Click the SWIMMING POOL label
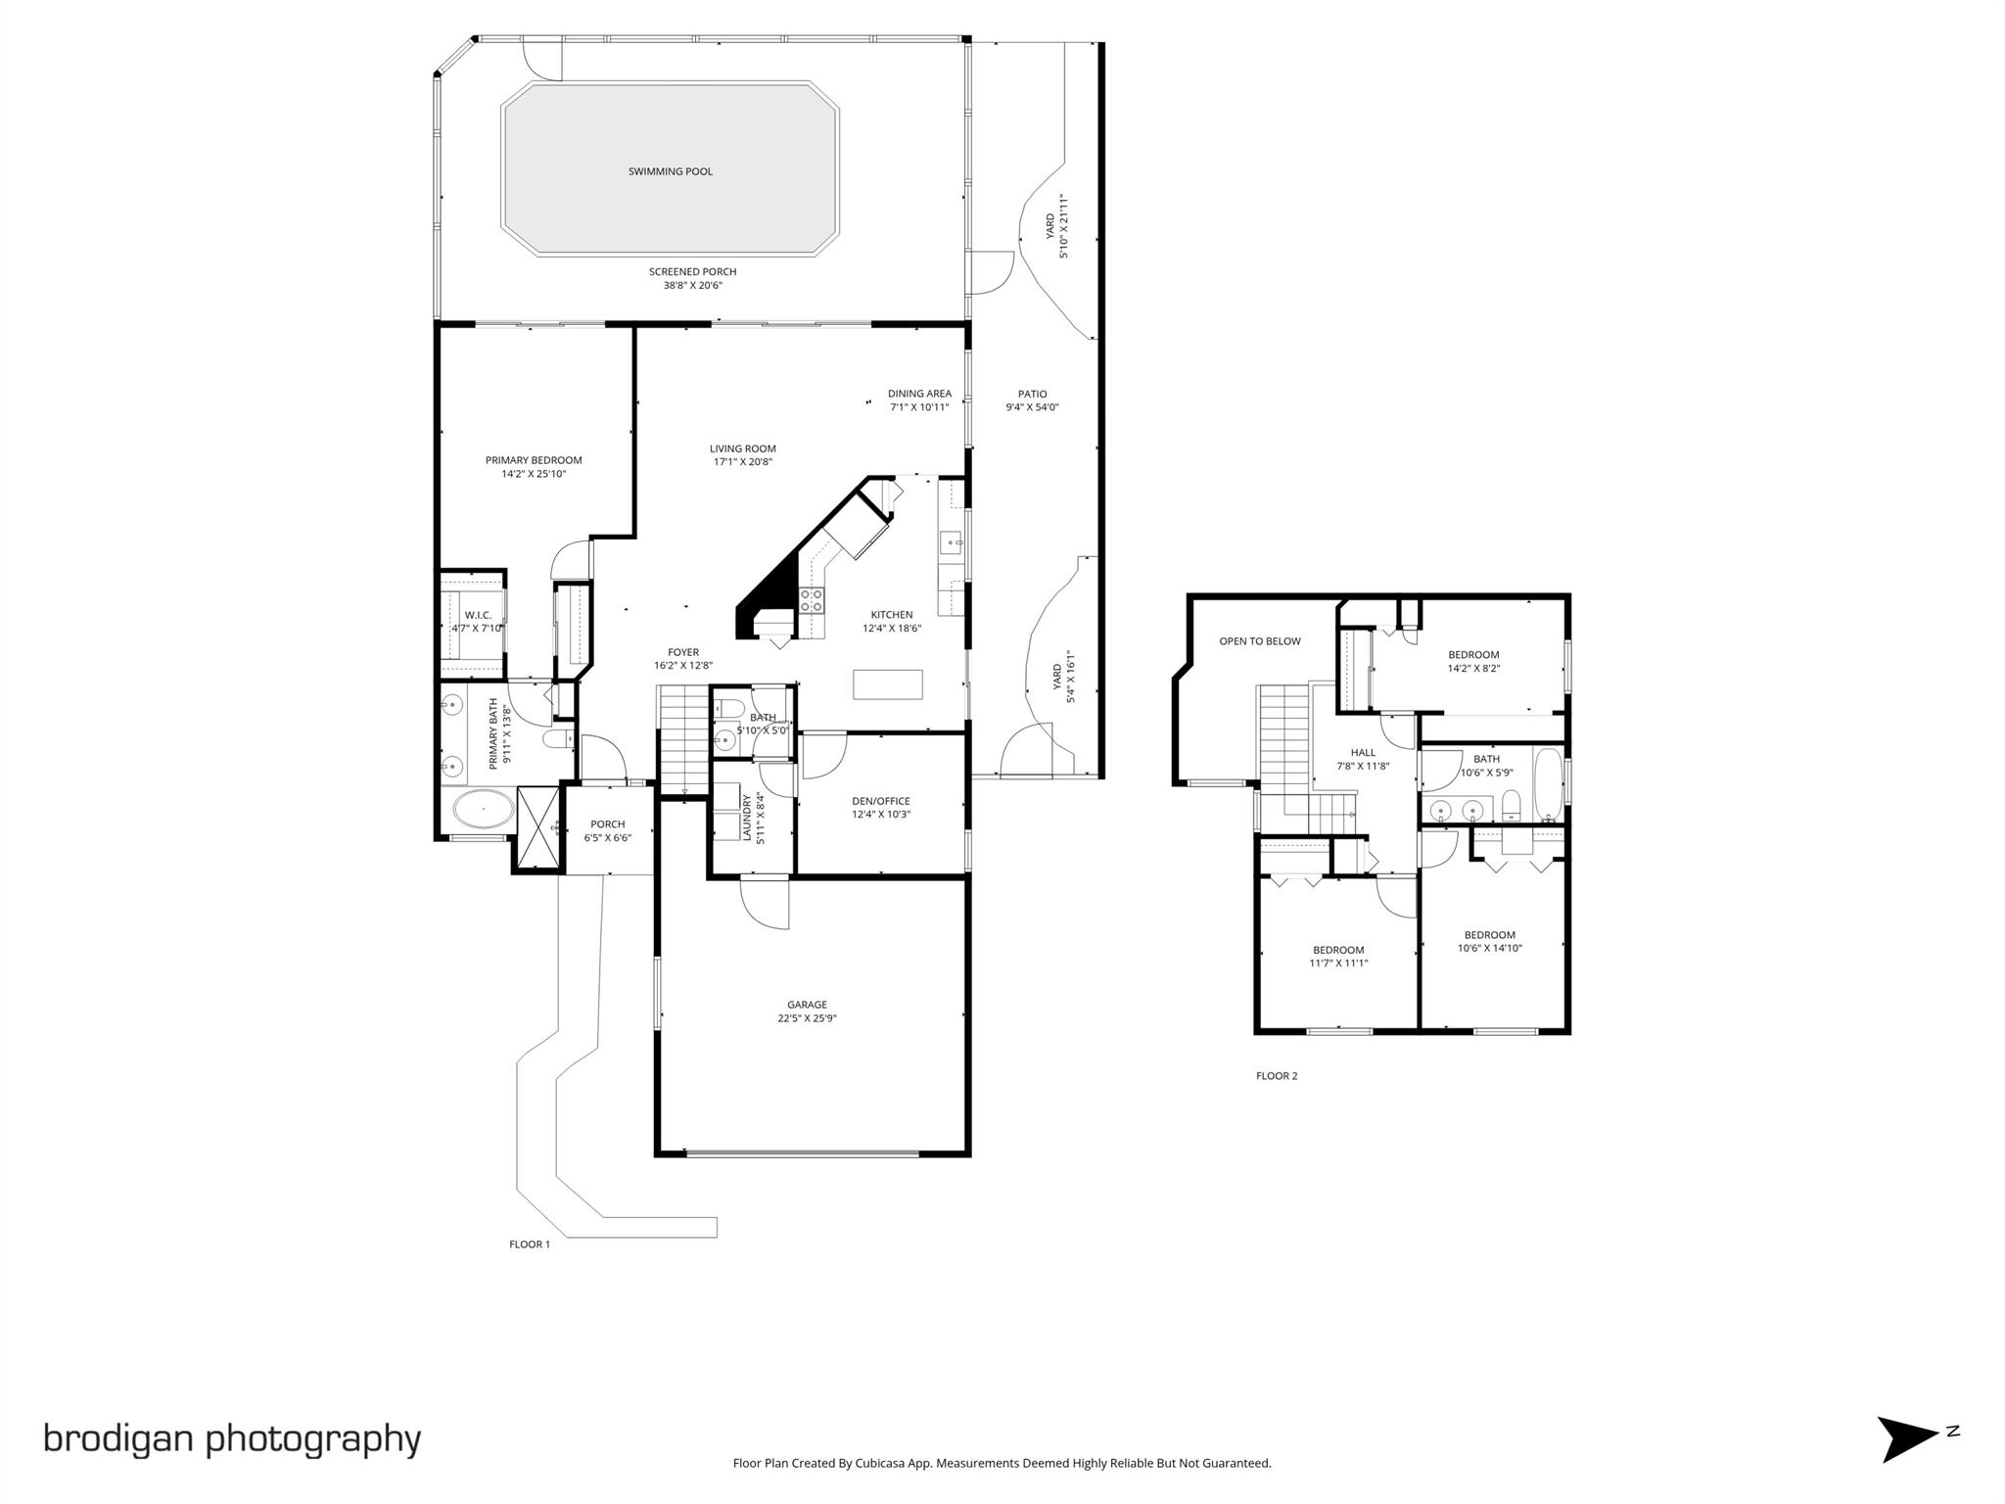point(670,171)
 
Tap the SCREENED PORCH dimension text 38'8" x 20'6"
point(692,286)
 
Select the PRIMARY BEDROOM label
point(534,460)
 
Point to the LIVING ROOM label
point(742,448)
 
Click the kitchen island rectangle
point(887,683)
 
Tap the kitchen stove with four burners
point(812,600)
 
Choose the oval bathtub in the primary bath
point(483,811)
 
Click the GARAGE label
point(807,1005)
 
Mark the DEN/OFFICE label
point(881,801)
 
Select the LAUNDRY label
point(747,818)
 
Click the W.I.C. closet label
point(478,615)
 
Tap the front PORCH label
point(607,824)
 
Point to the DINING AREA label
point(919,394)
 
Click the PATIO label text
point(1032,395)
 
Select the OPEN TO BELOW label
point(1259,641)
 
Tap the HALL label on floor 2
point(1363,753)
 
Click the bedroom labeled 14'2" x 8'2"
point(1473,661)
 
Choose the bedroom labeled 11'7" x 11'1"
point(1337,956)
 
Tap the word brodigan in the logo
point(117,1438)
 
